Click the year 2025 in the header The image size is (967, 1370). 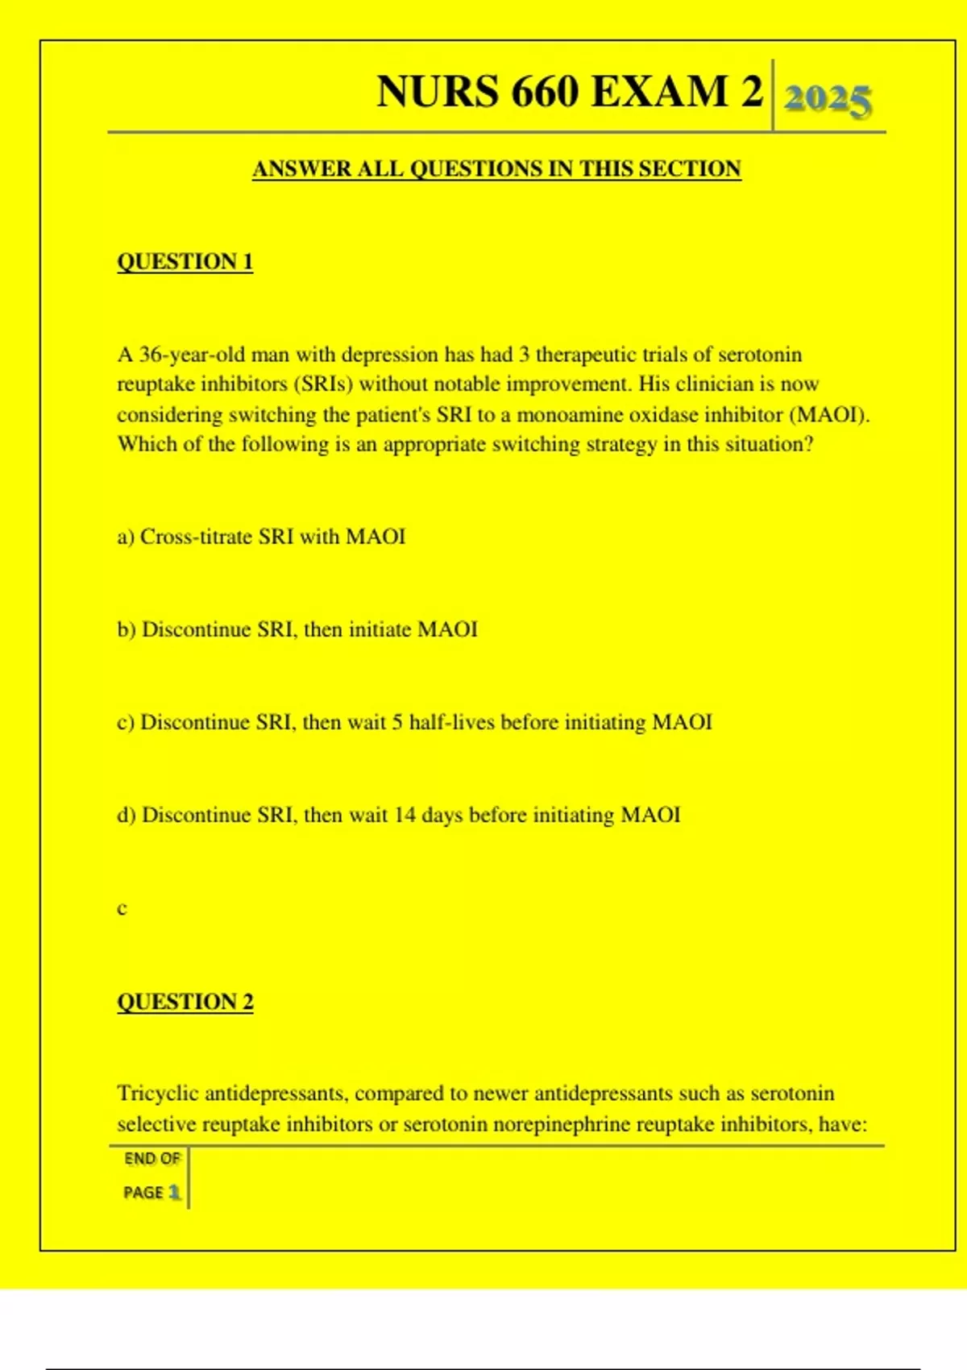click(x=828, y=99)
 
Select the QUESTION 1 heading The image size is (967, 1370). click(x=185, y=262)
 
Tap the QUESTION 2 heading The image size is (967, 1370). click(x=185, y=1002)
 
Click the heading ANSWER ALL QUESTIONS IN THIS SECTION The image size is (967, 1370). click(x=496, y=169)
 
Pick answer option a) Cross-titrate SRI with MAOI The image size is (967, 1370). click(x=261, y=537)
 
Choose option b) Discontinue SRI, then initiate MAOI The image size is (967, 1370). click(x=297, y=629)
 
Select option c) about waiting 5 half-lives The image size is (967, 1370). click(x=414, y=722)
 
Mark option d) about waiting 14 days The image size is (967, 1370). click(x=398, y=815)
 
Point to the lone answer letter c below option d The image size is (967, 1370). click(x=122, y=909)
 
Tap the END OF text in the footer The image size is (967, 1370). click(x=151, y=1159)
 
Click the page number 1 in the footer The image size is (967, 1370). click(x=174, y=1193)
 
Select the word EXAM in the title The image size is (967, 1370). click(x=659, y=91)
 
